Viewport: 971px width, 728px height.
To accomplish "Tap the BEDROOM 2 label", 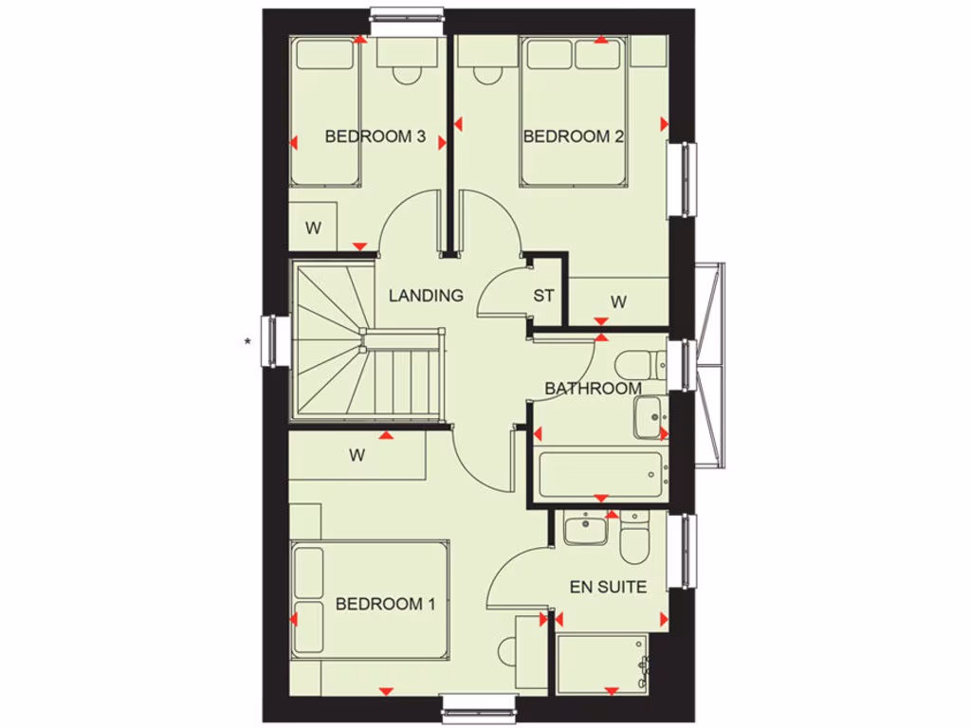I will click(573, 136).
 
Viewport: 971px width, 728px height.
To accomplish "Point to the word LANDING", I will click(426, 296).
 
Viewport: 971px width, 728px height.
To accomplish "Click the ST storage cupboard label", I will click(543, 296).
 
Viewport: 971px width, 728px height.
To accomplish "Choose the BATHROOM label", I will click(593, 389).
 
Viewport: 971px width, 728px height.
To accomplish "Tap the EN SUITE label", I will click(608, 588).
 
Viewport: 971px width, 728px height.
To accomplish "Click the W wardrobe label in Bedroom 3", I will click(313, 227).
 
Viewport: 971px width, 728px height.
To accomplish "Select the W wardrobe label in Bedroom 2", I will click(618, 302).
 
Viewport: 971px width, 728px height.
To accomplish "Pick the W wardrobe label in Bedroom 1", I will click(357, 455).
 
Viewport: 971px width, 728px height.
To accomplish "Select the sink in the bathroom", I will click(650, 416).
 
